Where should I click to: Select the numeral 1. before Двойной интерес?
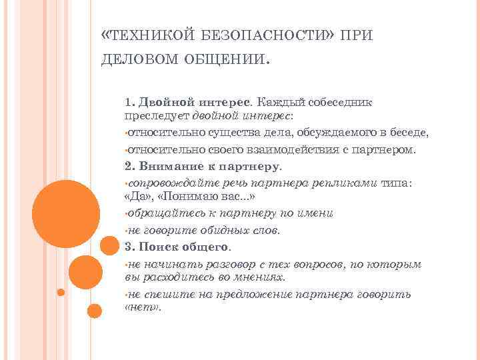click(129, 103)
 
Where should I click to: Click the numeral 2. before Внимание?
click(129, 166)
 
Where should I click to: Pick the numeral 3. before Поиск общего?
click(129, 247)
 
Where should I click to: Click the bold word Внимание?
click(167, 166)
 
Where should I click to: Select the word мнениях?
click(260, 277)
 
